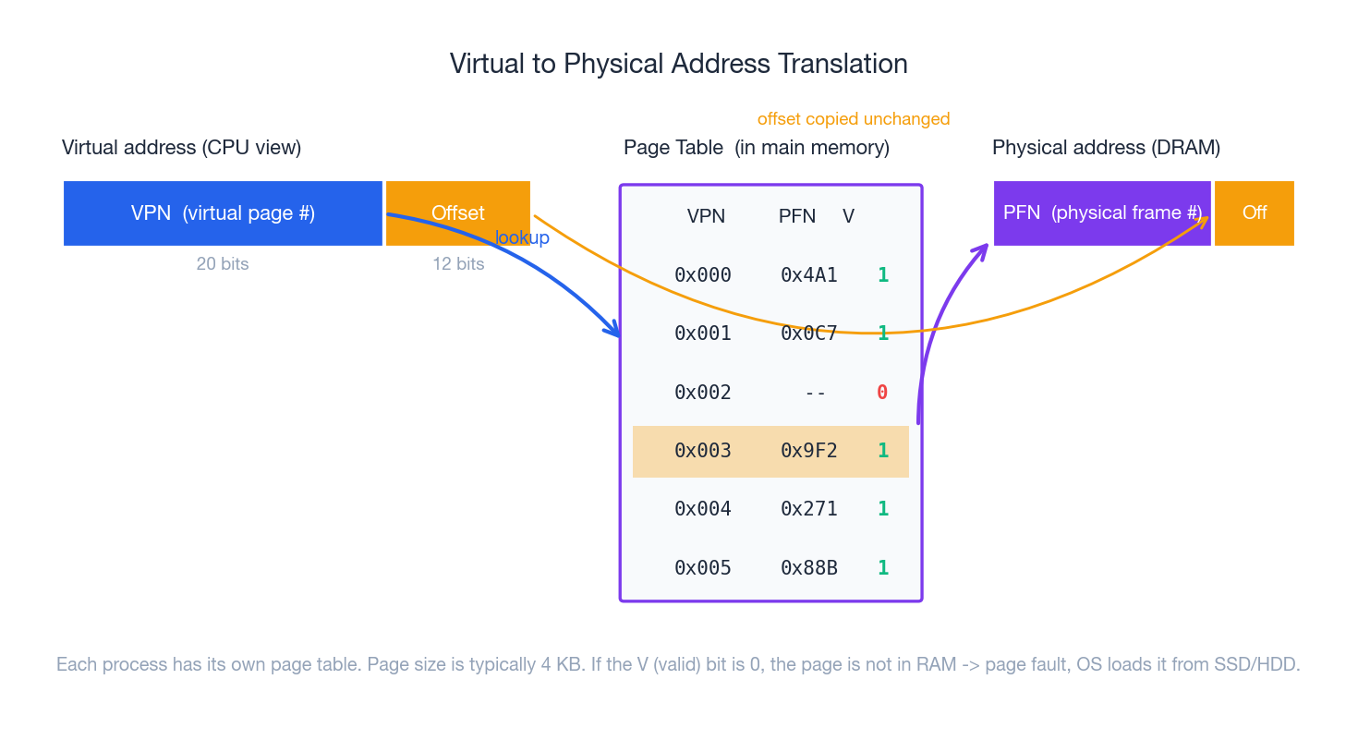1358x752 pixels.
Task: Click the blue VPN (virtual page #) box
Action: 223,213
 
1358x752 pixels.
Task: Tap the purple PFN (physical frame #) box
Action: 1101,213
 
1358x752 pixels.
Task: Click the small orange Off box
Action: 1254,213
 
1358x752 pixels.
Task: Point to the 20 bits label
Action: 223,264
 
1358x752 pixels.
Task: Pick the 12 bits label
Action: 458,264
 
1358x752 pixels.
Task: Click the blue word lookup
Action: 522,238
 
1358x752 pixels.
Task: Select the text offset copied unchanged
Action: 853,119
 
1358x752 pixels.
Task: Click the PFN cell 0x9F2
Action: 808,451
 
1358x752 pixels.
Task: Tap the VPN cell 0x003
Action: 703,451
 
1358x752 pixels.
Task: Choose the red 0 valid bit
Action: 882,393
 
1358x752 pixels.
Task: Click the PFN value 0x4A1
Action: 808,275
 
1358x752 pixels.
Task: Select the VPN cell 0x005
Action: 703,568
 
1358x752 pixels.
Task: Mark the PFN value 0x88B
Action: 808,568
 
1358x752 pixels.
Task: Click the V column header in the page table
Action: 848,216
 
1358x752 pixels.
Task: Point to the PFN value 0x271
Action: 808,509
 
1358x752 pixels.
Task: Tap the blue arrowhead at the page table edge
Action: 612,330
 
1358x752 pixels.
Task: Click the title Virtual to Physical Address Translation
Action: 678,64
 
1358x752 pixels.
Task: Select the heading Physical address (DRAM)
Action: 1106,148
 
